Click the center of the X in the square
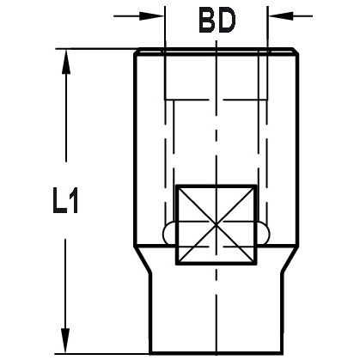point(216,224)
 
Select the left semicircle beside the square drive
point(168,232)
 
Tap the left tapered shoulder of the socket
point(143,255)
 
